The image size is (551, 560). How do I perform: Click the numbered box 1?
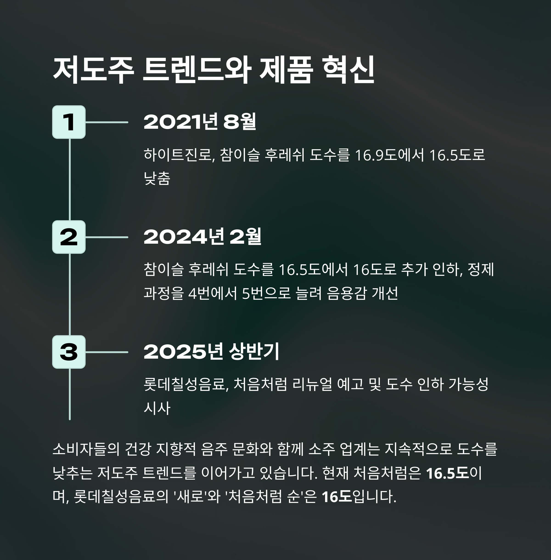[x=69, y=122]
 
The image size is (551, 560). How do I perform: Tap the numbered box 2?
[x=69, y=237]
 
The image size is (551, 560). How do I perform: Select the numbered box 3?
[x=69, y=352]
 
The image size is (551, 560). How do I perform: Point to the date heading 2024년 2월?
[x=202, y=237]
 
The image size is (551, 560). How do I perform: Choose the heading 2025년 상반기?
[x=211, y=352]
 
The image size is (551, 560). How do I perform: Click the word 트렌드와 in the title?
[x=197, y=70]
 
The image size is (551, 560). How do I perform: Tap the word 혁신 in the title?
[x=349, y=70]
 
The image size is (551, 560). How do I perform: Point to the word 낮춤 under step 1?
[x=157, y=178]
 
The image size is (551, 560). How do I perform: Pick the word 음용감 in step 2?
[x=346, y=293]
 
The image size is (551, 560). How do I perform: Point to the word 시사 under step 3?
[x=157, y=408]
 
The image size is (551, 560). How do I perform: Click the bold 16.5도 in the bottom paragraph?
[x=447, y=473]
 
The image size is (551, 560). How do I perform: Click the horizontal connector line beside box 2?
[x=107, y=237]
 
